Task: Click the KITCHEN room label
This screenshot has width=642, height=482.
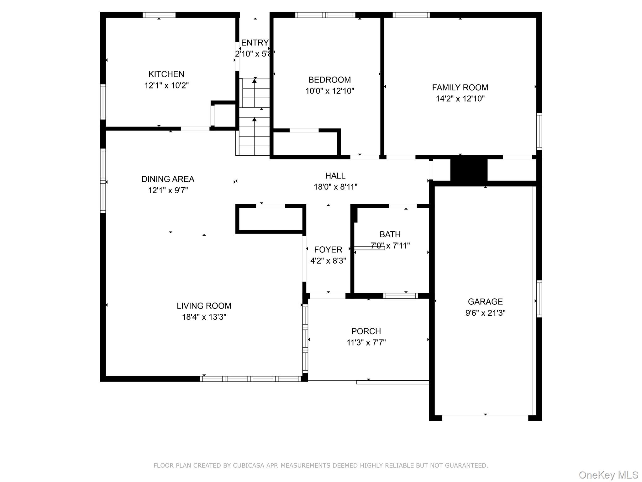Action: [166, 74]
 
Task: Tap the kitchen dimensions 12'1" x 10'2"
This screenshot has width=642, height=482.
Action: [166, 85]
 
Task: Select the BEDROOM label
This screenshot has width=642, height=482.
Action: [329, 80]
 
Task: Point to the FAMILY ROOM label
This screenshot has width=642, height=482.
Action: [460, 88]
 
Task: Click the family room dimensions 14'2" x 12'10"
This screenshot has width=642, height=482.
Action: [460, 99]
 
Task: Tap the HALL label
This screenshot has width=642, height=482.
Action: [335, 176]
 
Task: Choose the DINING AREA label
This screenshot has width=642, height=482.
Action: [168, 179]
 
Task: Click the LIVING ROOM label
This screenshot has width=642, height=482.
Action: [204, 306]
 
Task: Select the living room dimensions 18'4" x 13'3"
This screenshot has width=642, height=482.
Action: [204, 317]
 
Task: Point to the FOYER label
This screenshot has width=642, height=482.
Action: [328, 250]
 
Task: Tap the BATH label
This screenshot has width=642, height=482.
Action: [390, 234]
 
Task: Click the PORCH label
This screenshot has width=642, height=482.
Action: [366, 331]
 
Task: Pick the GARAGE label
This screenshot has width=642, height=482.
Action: [485, 302]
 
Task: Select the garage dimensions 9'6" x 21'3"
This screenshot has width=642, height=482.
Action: [485, 313]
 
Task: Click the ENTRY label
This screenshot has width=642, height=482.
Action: [255, 43]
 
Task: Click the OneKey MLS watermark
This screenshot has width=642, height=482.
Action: [608, 475]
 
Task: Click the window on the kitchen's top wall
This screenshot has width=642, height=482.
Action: [159, 15]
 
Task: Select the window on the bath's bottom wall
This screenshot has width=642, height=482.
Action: [400, 296]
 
